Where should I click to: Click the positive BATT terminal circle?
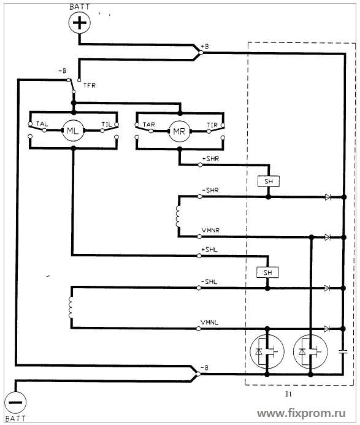point(79,23)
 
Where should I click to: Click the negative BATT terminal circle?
point(15,402)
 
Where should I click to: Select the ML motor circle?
point(72,131)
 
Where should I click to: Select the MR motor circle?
point(179,131)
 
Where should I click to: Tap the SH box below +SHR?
point(269,182)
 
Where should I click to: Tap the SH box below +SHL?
point(267,272)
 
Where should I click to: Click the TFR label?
point(90,85)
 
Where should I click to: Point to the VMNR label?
point(210,230)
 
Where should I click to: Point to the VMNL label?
point(209,323)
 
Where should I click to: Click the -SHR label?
point(210,190)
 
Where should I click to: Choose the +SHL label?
point(209,250)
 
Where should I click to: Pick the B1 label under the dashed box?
point(288,394)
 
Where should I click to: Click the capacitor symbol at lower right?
point(343,352)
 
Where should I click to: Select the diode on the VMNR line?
point(327,237)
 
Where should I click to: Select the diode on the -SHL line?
point(327,288)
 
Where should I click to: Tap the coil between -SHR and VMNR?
point(178,217)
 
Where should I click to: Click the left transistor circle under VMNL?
point(267,351)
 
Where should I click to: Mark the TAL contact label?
point(42,124)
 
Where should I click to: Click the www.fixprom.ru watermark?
point(301,413)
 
